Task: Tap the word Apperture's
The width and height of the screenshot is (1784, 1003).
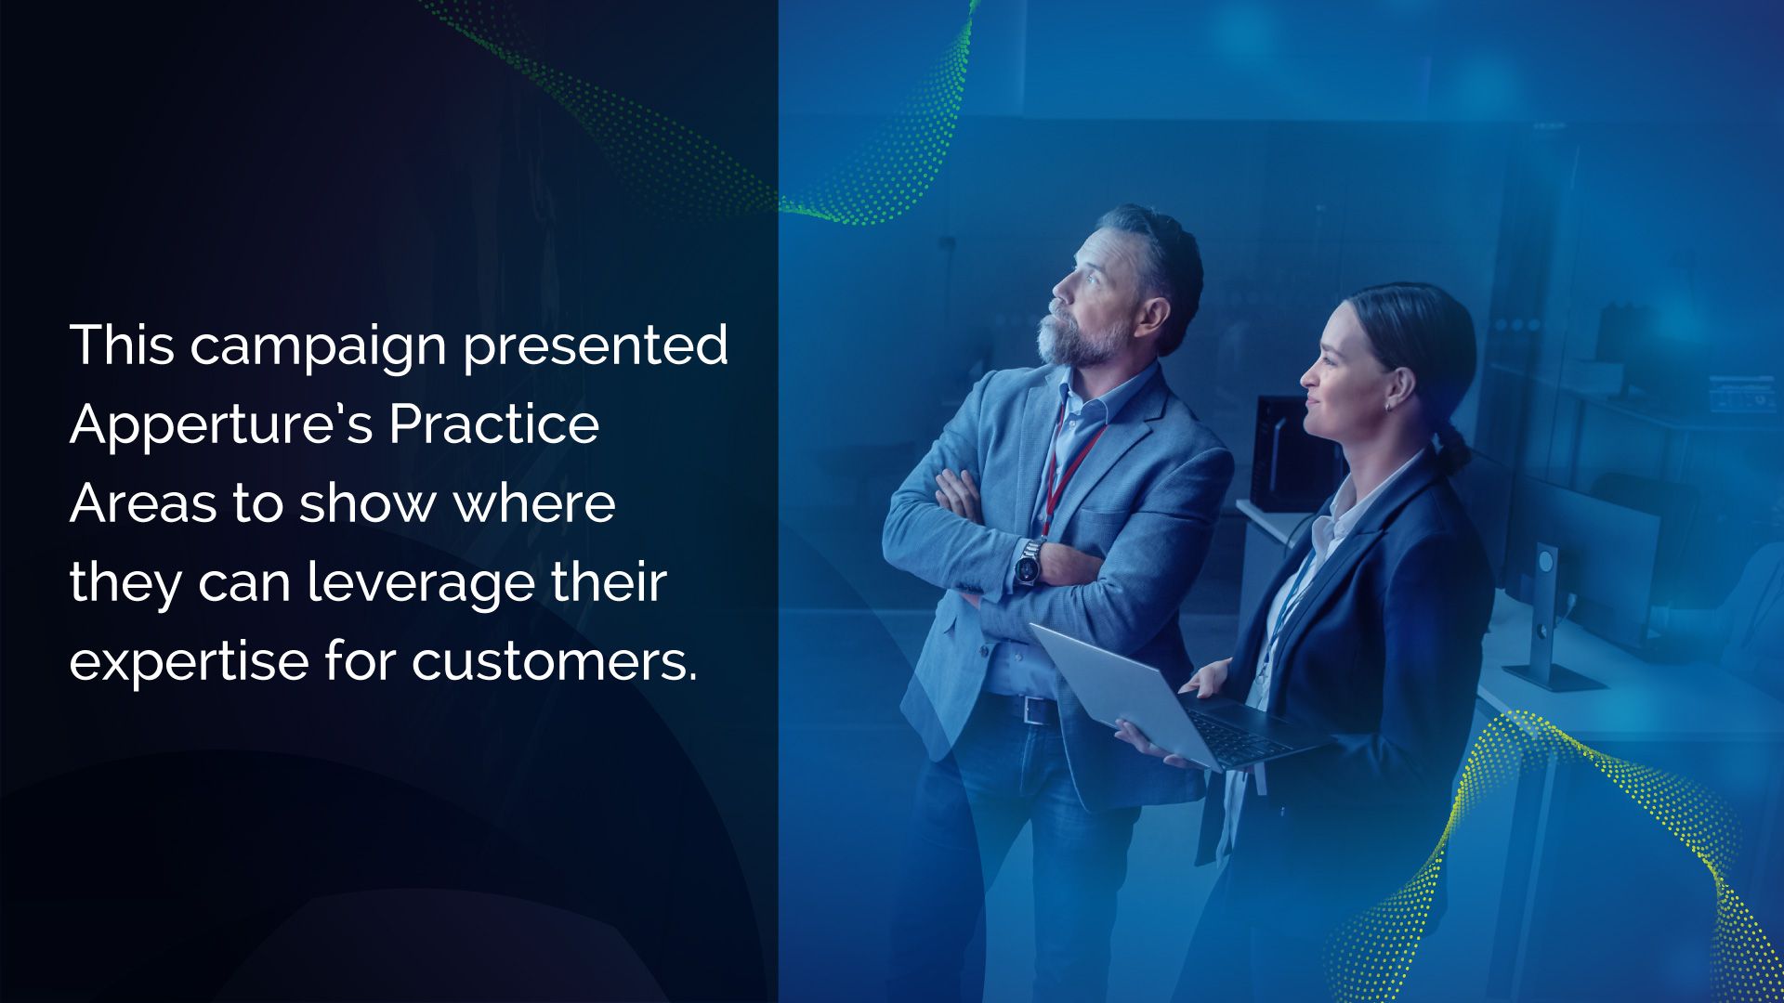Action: [x=221, y=424]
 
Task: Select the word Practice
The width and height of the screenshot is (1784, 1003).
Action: [x=494, y=424]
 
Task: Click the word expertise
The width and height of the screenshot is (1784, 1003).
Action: [x=189, y=662]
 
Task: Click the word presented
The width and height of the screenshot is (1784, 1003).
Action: [x=596, y=345]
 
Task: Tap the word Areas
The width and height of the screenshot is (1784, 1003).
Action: [x=144, y=503]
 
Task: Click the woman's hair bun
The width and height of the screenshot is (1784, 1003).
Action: [x=1452, y=449]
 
